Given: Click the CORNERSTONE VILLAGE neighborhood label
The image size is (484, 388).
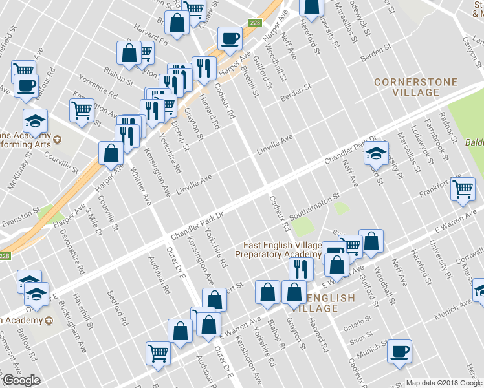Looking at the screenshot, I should (x=416, y=88).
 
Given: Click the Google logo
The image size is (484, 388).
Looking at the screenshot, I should (x=21, y=380).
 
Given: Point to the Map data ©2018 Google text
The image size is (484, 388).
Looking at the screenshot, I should (x=443, y=383).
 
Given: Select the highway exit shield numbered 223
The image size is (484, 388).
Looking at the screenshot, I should (x=254, y=23).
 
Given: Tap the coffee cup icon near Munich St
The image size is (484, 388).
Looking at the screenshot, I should (x=399, y=351).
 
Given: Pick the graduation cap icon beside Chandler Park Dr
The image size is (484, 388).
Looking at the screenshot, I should (x=375, y=154).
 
